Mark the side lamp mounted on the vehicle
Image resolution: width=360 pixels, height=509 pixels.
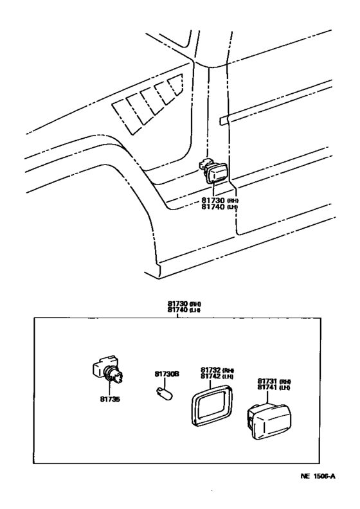coord(213,175)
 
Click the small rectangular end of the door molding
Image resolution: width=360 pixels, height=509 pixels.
coord(223,120)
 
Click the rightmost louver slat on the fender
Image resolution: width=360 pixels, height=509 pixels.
coord(174,86)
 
